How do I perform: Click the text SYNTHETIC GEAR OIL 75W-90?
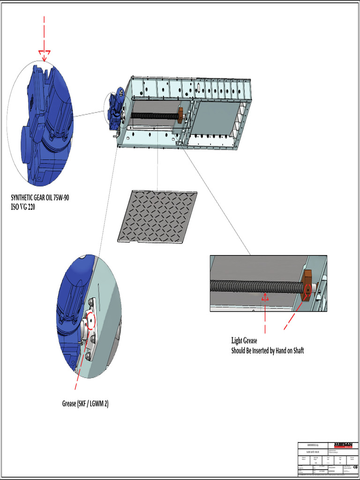point(40,197)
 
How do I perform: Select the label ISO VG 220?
point(22,206)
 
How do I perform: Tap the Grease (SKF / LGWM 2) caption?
point(85,403)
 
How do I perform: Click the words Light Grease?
point(244,341)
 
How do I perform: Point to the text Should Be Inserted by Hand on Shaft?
point(267,351)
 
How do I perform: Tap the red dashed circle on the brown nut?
point(308,290)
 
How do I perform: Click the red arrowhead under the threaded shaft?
point(265,297)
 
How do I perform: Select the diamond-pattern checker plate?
point(157,216)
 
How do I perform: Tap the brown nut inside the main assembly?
point(180,115)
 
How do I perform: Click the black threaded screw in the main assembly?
point(152,115)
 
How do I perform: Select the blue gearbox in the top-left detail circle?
point(47,127)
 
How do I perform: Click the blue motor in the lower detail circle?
point(70,309)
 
